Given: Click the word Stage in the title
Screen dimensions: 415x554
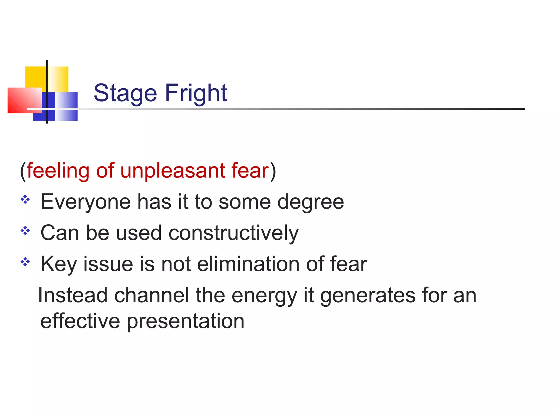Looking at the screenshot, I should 125,93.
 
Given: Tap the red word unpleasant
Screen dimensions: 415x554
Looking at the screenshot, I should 173,171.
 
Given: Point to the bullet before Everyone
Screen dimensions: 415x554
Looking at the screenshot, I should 25,200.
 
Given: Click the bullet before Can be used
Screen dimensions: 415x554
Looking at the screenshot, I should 25,231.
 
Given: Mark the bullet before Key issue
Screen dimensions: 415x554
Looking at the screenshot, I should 25,262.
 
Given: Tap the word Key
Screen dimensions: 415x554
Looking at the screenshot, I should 58,264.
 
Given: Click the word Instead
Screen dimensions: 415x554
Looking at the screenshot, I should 73,295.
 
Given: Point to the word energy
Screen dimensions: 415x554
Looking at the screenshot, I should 264,296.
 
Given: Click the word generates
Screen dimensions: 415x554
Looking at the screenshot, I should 368,296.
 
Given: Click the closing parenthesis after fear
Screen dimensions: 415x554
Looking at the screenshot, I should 273,171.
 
